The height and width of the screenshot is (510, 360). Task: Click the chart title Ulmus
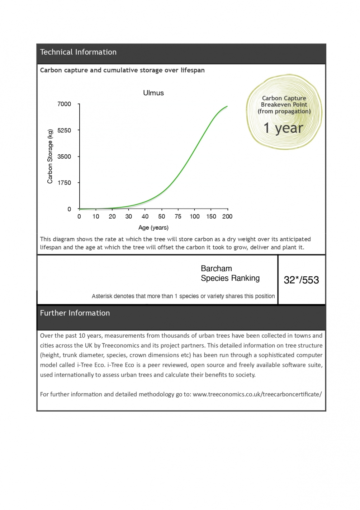click(x=153, y=93)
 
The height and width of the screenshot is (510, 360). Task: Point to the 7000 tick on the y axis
click(x=65, y=104)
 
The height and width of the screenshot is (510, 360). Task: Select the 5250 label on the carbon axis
click(x=65, y=130)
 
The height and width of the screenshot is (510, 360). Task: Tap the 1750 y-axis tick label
click(x=65, y=183)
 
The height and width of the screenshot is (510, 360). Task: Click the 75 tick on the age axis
click(x=178, y=216)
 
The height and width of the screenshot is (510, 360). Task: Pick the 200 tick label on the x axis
click(x=227, y=216)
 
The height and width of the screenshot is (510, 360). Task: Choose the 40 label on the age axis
click(x=145, y=216)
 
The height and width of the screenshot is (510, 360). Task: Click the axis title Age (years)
click(x=153, y=228)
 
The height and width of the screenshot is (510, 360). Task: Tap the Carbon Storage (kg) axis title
click(x=50, y=156)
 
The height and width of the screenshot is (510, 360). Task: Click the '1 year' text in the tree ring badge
click(x=283, y=128)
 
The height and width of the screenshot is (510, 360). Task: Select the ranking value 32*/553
click(x=301, y=280)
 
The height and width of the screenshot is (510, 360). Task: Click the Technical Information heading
click(x=78, y=52)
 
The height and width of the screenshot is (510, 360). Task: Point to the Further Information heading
click(x=75, y=313)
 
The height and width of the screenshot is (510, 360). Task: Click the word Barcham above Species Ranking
click(x=216, y=268)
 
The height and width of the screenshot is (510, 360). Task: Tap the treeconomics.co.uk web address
click(x=257, y=394)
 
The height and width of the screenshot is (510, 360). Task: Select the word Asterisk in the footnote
click(x=101, y=296)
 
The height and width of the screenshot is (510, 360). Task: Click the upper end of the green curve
click(x=227, y=107)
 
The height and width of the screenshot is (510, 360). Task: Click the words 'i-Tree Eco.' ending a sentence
click(x=91, y=365)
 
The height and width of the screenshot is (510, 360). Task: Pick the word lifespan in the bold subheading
click(x=193, y=70)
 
